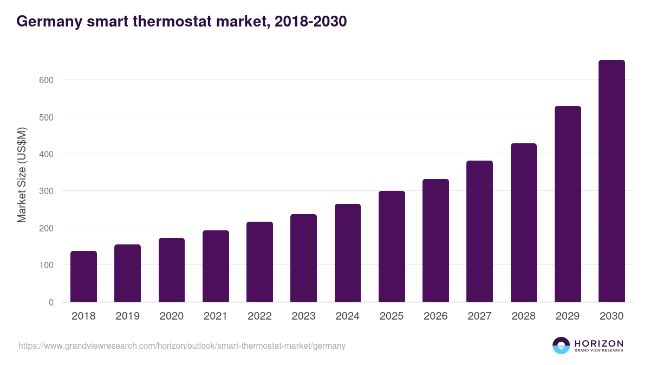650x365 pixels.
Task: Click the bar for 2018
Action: [83, 276]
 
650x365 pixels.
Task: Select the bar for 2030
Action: [612, 181]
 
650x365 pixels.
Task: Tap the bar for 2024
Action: [348, 253]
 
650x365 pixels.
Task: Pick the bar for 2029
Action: [568, 204]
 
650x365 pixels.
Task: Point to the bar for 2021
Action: [216, 266]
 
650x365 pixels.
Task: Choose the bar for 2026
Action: [435, 241]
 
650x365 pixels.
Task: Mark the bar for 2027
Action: [479, 231]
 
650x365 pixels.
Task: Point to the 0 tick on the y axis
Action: [51, 302]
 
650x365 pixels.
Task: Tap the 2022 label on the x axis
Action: [259, 316]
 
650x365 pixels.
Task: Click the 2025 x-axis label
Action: [392, 316]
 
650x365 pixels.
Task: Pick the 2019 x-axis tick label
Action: [127, 316]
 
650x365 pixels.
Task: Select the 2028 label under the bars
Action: [524, 316]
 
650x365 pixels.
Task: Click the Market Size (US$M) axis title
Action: [22, 175]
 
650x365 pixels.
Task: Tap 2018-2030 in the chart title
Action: [310, 22]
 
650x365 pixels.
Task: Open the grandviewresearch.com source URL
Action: [182, 346]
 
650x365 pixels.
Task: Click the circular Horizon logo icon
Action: [561, 346]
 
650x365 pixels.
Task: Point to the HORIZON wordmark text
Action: [599, 343]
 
